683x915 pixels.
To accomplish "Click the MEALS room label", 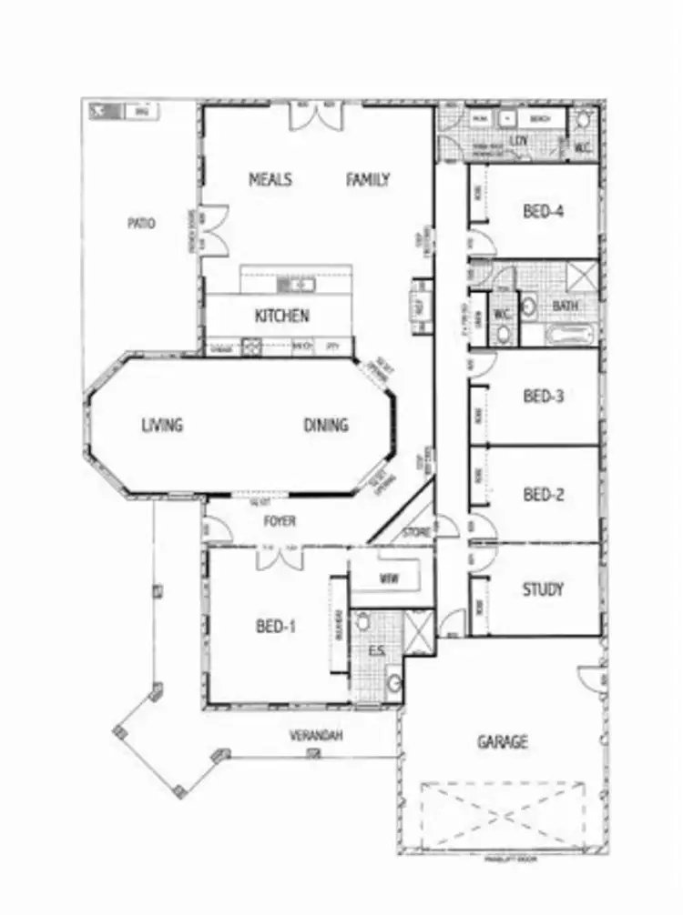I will (270, 179).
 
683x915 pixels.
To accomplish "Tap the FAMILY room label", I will (368, 179).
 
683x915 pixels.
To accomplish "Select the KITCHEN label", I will (281, 317).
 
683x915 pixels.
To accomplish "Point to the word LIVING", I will (162, 425).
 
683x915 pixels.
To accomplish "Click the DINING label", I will (325, 425).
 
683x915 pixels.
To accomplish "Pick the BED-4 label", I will (544, 212).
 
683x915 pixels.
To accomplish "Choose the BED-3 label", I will (544, 397).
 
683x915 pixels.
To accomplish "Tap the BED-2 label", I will (544, 495).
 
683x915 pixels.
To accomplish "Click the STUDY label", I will (543, 588).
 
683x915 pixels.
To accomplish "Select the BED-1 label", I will (278, 626).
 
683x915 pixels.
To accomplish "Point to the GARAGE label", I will (503, 742).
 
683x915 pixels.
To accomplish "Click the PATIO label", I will (140, 223).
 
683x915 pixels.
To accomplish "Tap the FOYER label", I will (279, 522).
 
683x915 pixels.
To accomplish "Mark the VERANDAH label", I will (316, 735).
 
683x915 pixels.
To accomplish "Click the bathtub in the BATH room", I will (571, 335).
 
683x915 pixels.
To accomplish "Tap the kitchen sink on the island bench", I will (296, 286).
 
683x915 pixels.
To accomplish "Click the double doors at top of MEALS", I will (316, 116).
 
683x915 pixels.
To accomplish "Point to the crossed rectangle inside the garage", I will (504, 815).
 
